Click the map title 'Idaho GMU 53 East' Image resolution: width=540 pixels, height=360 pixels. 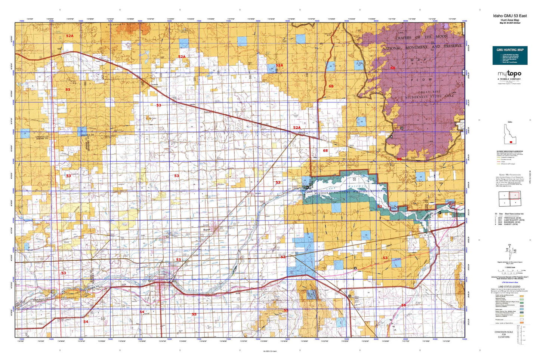[510, 16]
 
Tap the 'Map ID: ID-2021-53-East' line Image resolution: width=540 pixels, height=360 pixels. [510, 23]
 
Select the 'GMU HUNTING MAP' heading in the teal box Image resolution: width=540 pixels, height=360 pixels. [510, 50]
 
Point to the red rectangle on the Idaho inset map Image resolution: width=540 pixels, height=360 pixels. [510, 142]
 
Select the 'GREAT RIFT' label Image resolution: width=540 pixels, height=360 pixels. [429, 92]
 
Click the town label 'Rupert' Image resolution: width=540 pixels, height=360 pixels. [207, 230]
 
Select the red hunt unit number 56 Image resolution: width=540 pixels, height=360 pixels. [404, 305]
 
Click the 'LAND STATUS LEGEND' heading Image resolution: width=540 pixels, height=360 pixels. [509, 287]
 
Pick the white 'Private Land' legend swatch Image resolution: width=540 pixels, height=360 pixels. [522, 320]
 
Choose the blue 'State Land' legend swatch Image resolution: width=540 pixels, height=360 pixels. [522, 309]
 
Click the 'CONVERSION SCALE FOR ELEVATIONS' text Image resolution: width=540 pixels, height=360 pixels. [503, 335]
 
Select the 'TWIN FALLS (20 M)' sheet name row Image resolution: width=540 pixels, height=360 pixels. [512, 218]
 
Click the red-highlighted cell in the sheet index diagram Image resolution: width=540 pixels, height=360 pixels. [515, 196]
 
